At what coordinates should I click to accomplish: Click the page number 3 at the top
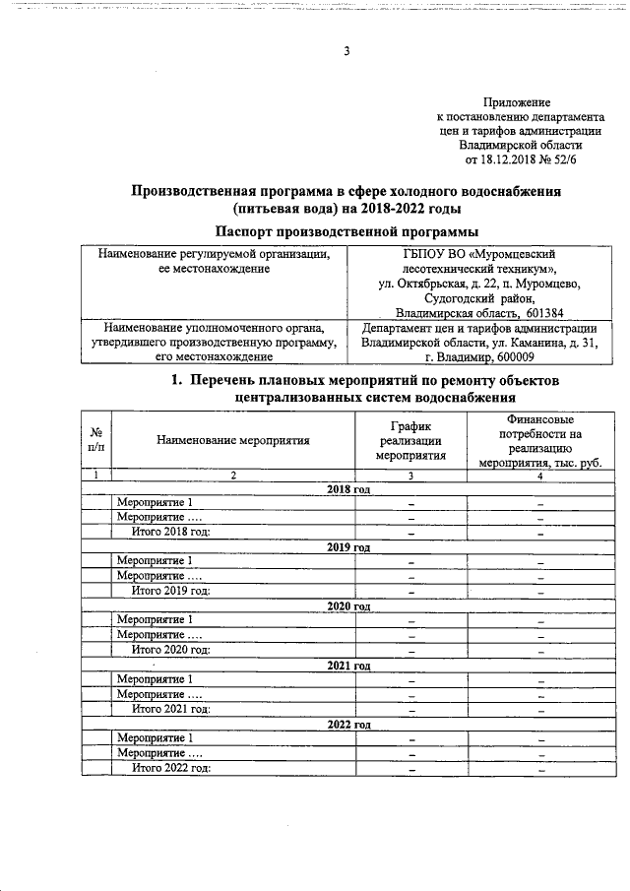point(346,52)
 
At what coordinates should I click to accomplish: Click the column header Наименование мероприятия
point(233,440)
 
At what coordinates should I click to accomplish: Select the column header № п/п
point(95,440)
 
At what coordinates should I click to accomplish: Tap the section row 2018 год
point(347,489)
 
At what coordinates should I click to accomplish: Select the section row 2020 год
point(347,605)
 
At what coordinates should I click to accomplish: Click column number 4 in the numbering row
point(539,476)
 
